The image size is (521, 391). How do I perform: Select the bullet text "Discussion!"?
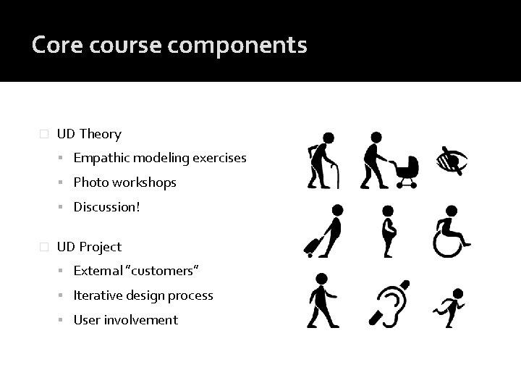point(106,207)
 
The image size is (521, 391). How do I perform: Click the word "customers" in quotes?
point(163,271)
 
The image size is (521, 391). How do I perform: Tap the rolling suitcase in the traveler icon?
point(315,246)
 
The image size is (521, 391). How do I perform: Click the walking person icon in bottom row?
point(321,301)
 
